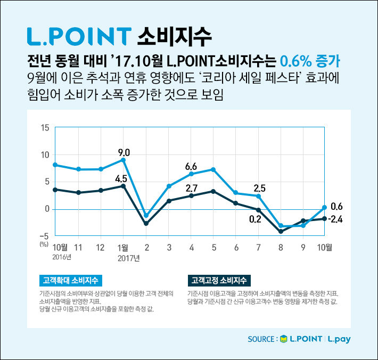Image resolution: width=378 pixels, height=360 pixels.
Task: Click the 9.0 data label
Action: (124, 152)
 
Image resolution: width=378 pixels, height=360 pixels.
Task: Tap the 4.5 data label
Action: (122, 178)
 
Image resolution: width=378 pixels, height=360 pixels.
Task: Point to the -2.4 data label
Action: (335, 219)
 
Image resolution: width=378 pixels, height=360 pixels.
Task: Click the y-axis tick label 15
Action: (44, 128)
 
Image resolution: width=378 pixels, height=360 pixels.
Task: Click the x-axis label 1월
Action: (122, 247)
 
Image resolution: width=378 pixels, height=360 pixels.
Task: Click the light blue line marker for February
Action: (146, 216)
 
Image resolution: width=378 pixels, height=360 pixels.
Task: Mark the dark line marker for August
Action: (281, 231)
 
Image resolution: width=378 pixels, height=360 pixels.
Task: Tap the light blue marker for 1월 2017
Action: (124, 160)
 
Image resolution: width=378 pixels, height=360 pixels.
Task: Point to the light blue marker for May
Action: (213, 169)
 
